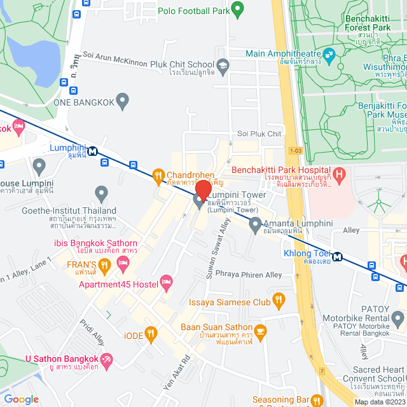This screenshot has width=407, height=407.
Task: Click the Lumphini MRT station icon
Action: [x=93, y=151]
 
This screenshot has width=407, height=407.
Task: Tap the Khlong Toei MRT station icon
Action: [x=337, y=257]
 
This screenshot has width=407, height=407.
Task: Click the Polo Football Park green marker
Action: [x=237, y=9]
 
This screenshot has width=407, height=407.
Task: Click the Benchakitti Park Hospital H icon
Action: [x=340, y=172]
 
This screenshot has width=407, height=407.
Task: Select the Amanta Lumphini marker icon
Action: [x=255, y=223]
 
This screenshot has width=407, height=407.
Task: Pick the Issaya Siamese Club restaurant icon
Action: [x=278, y=300]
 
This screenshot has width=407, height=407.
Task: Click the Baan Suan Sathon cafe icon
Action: [x=260, y=331]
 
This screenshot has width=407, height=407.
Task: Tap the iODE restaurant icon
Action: [x=150, y=332]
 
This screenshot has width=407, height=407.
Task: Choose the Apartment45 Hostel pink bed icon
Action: [x=167, y=281]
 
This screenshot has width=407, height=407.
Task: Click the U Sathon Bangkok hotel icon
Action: [x=107, y=361]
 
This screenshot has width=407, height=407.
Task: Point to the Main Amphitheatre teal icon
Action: [x=329, y=55]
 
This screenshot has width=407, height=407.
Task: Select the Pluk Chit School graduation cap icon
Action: [x=223, y=64]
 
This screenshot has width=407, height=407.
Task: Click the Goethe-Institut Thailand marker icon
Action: [x=101, y=192]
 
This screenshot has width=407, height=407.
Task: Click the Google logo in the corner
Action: [x=21, y=399]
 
